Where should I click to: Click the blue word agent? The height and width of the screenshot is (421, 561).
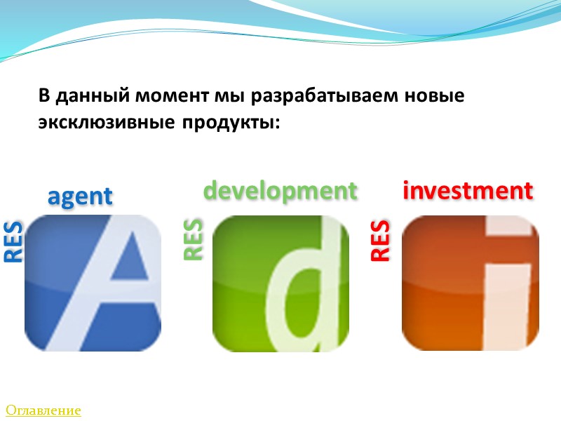click(80, 196)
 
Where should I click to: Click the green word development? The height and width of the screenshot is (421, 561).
click(280, 190)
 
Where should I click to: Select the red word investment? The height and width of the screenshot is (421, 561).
click(468, 190)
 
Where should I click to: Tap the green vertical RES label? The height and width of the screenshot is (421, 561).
click(193, 240)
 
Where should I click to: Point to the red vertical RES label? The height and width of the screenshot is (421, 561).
click(380, 241)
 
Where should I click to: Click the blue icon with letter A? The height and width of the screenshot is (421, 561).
click(93, 283)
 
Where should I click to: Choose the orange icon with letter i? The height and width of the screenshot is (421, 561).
click(470, 283)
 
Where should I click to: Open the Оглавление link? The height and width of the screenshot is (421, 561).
click(43, 410)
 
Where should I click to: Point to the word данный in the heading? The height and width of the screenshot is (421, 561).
click(89, 96)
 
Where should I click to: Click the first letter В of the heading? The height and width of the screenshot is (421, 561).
click(44, 96)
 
